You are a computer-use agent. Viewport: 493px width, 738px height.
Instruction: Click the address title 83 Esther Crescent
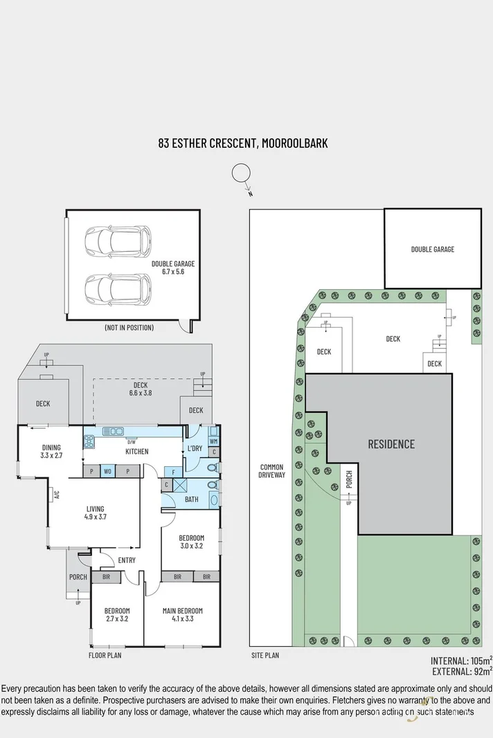pyautogui.click(x=242, y=144)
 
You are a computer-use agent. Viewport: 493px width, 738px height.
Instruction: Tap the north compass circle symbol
pyautogui.click(x=240, y=173)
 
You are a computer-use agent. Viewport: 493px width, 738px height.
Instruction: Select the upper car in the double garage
pyautogui.click(x=118, y=241)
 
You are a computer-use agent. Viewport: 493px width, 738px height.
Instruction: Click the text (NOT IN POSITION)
pyautogui.click(x=129, y=327)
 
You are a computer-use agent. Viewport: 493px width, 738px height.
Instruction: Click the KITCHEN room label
pyautogui.click(x=137, y=452)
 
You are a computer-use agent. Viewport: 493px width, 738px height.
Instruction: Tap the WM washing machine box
pyautogui.click(x=213, y=441)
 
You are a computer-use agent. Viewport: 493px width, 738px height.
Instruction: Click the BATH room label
pyautogui.click(x=192, y=499)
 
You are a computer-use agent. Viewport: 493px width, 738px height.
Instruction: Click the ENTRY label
pyautogui.click(x=127, y=560)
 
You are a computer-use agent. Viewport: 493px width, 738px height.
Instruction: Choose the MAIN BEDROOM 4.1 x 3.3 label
pyautogui.click(x=183, y=615)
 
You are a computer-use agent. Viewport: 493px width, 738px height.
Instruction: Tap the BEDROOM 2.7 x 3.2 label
pyautogui.click(x=117, y=615)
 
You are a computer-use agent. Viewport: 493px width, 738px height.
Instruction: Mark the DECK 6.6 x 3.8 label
pyautogui.click(x=140, y=389)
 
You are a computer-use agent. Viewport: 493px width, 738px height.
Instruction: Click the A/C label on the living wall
pyautogui.click(x=57, y=494)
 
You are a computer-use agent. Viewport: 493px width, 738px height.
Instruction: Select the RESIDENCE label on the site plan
pyautogui.click(x=391, y=444)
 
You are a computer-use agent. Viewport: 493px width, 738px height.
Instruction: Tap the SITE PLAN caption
pyautogui.click(x=266, y=655)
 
